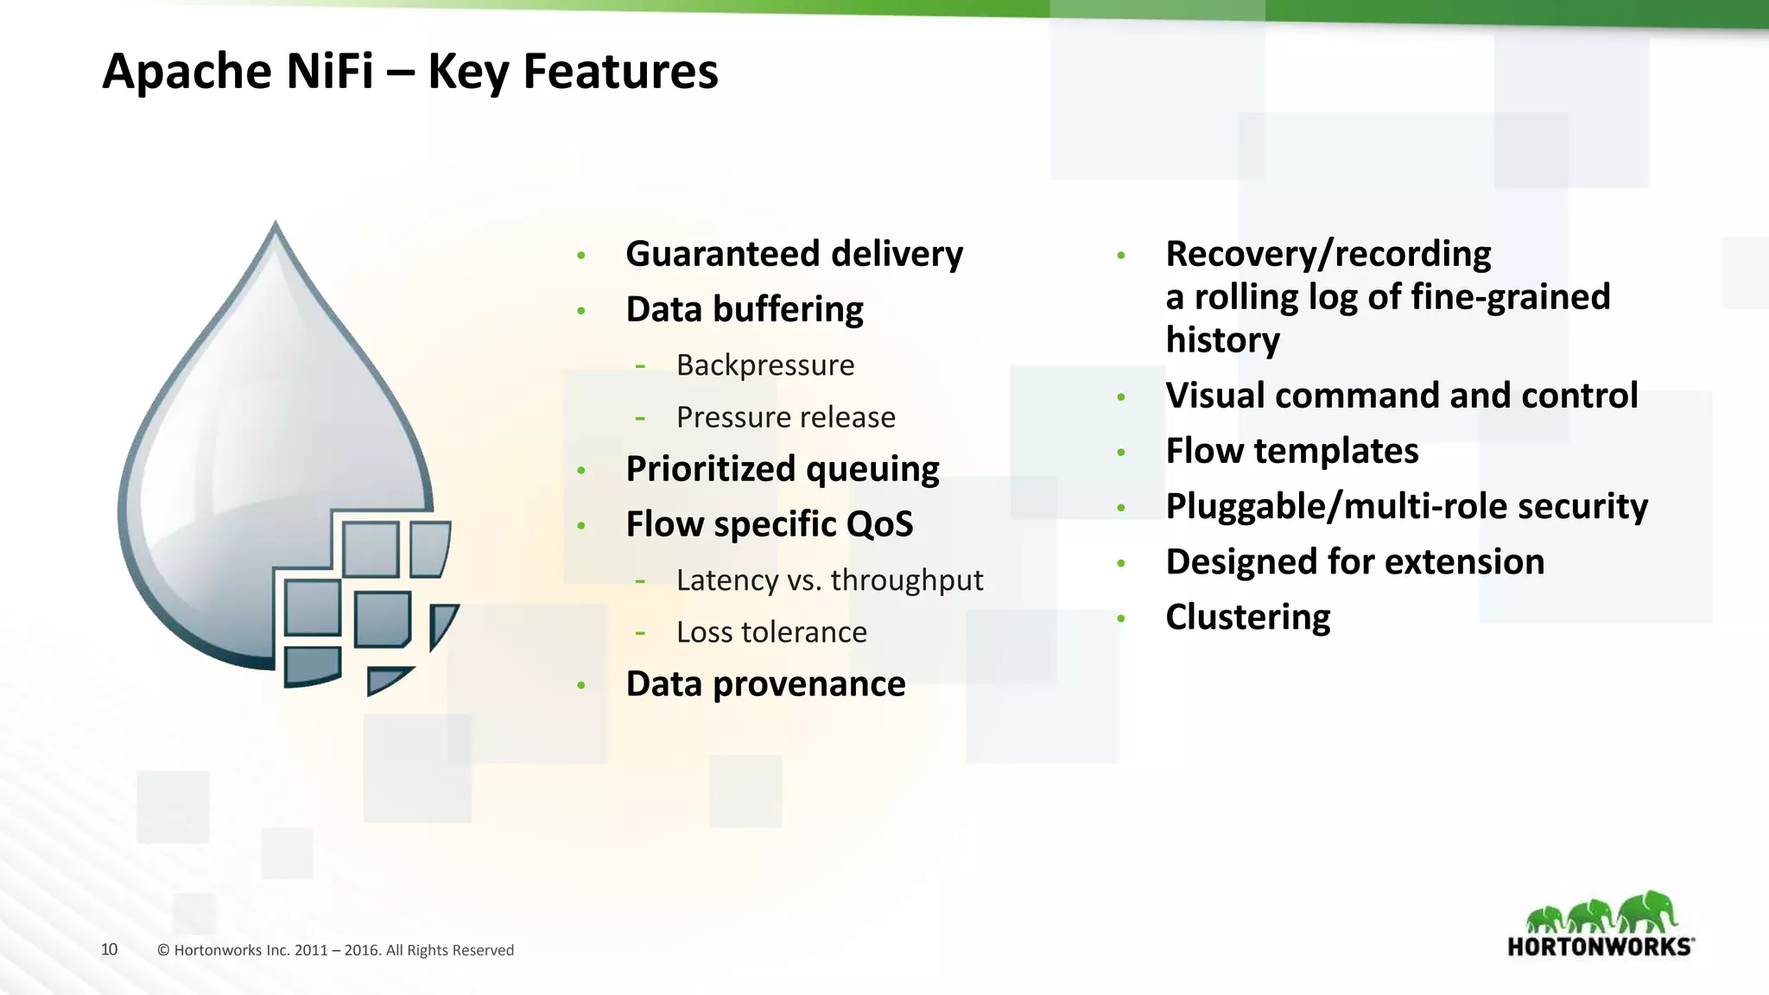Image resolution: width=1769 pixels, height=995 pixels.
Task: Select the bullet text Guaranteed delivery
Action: (x=794, y=254)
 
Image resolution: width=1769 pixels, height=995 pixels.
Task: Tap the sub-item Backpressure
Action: (x=764, y=365)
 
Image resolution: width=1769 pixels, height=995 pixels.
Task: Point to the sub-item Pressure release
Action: (x=785, y=417)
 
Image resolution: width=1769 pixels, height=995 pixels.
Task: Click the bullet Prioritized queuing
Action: (x=782, y=469)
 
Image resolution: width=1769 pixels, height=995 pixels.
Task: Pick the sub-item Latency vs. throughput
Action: (x=829, y=580)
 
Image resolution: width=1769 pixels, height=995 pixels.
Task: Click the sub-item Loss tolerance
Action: (x=770, y=632)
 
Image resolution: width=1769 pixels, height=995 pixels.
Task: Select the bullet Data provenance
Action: (x=765, y=684)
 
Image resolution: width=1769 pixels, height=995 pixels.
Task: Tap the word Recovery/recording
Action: (x=1328, y=254)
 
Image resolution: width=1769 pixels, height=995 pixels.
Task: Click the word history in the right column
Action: (x=1222, y=339)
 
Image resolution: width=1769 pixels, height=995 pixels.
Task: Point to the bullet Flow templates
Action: (x=1291, y=451)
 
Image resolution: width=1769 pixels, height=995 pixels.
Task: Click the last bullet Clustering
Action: (x=1247, y=617)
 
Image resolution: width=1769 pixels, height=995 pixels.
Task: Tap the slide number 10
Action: (x=110, y=949)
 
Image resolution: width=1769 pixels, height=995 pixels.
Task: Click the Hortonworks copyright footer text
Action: (x=335, y=950)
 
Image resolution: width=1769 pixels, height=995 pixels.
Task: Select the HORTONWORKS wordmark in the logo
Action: (x=1599, y=947)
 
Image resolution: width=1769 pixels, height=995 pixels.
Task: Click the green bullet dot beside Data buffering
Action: (x=581, y=310)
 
